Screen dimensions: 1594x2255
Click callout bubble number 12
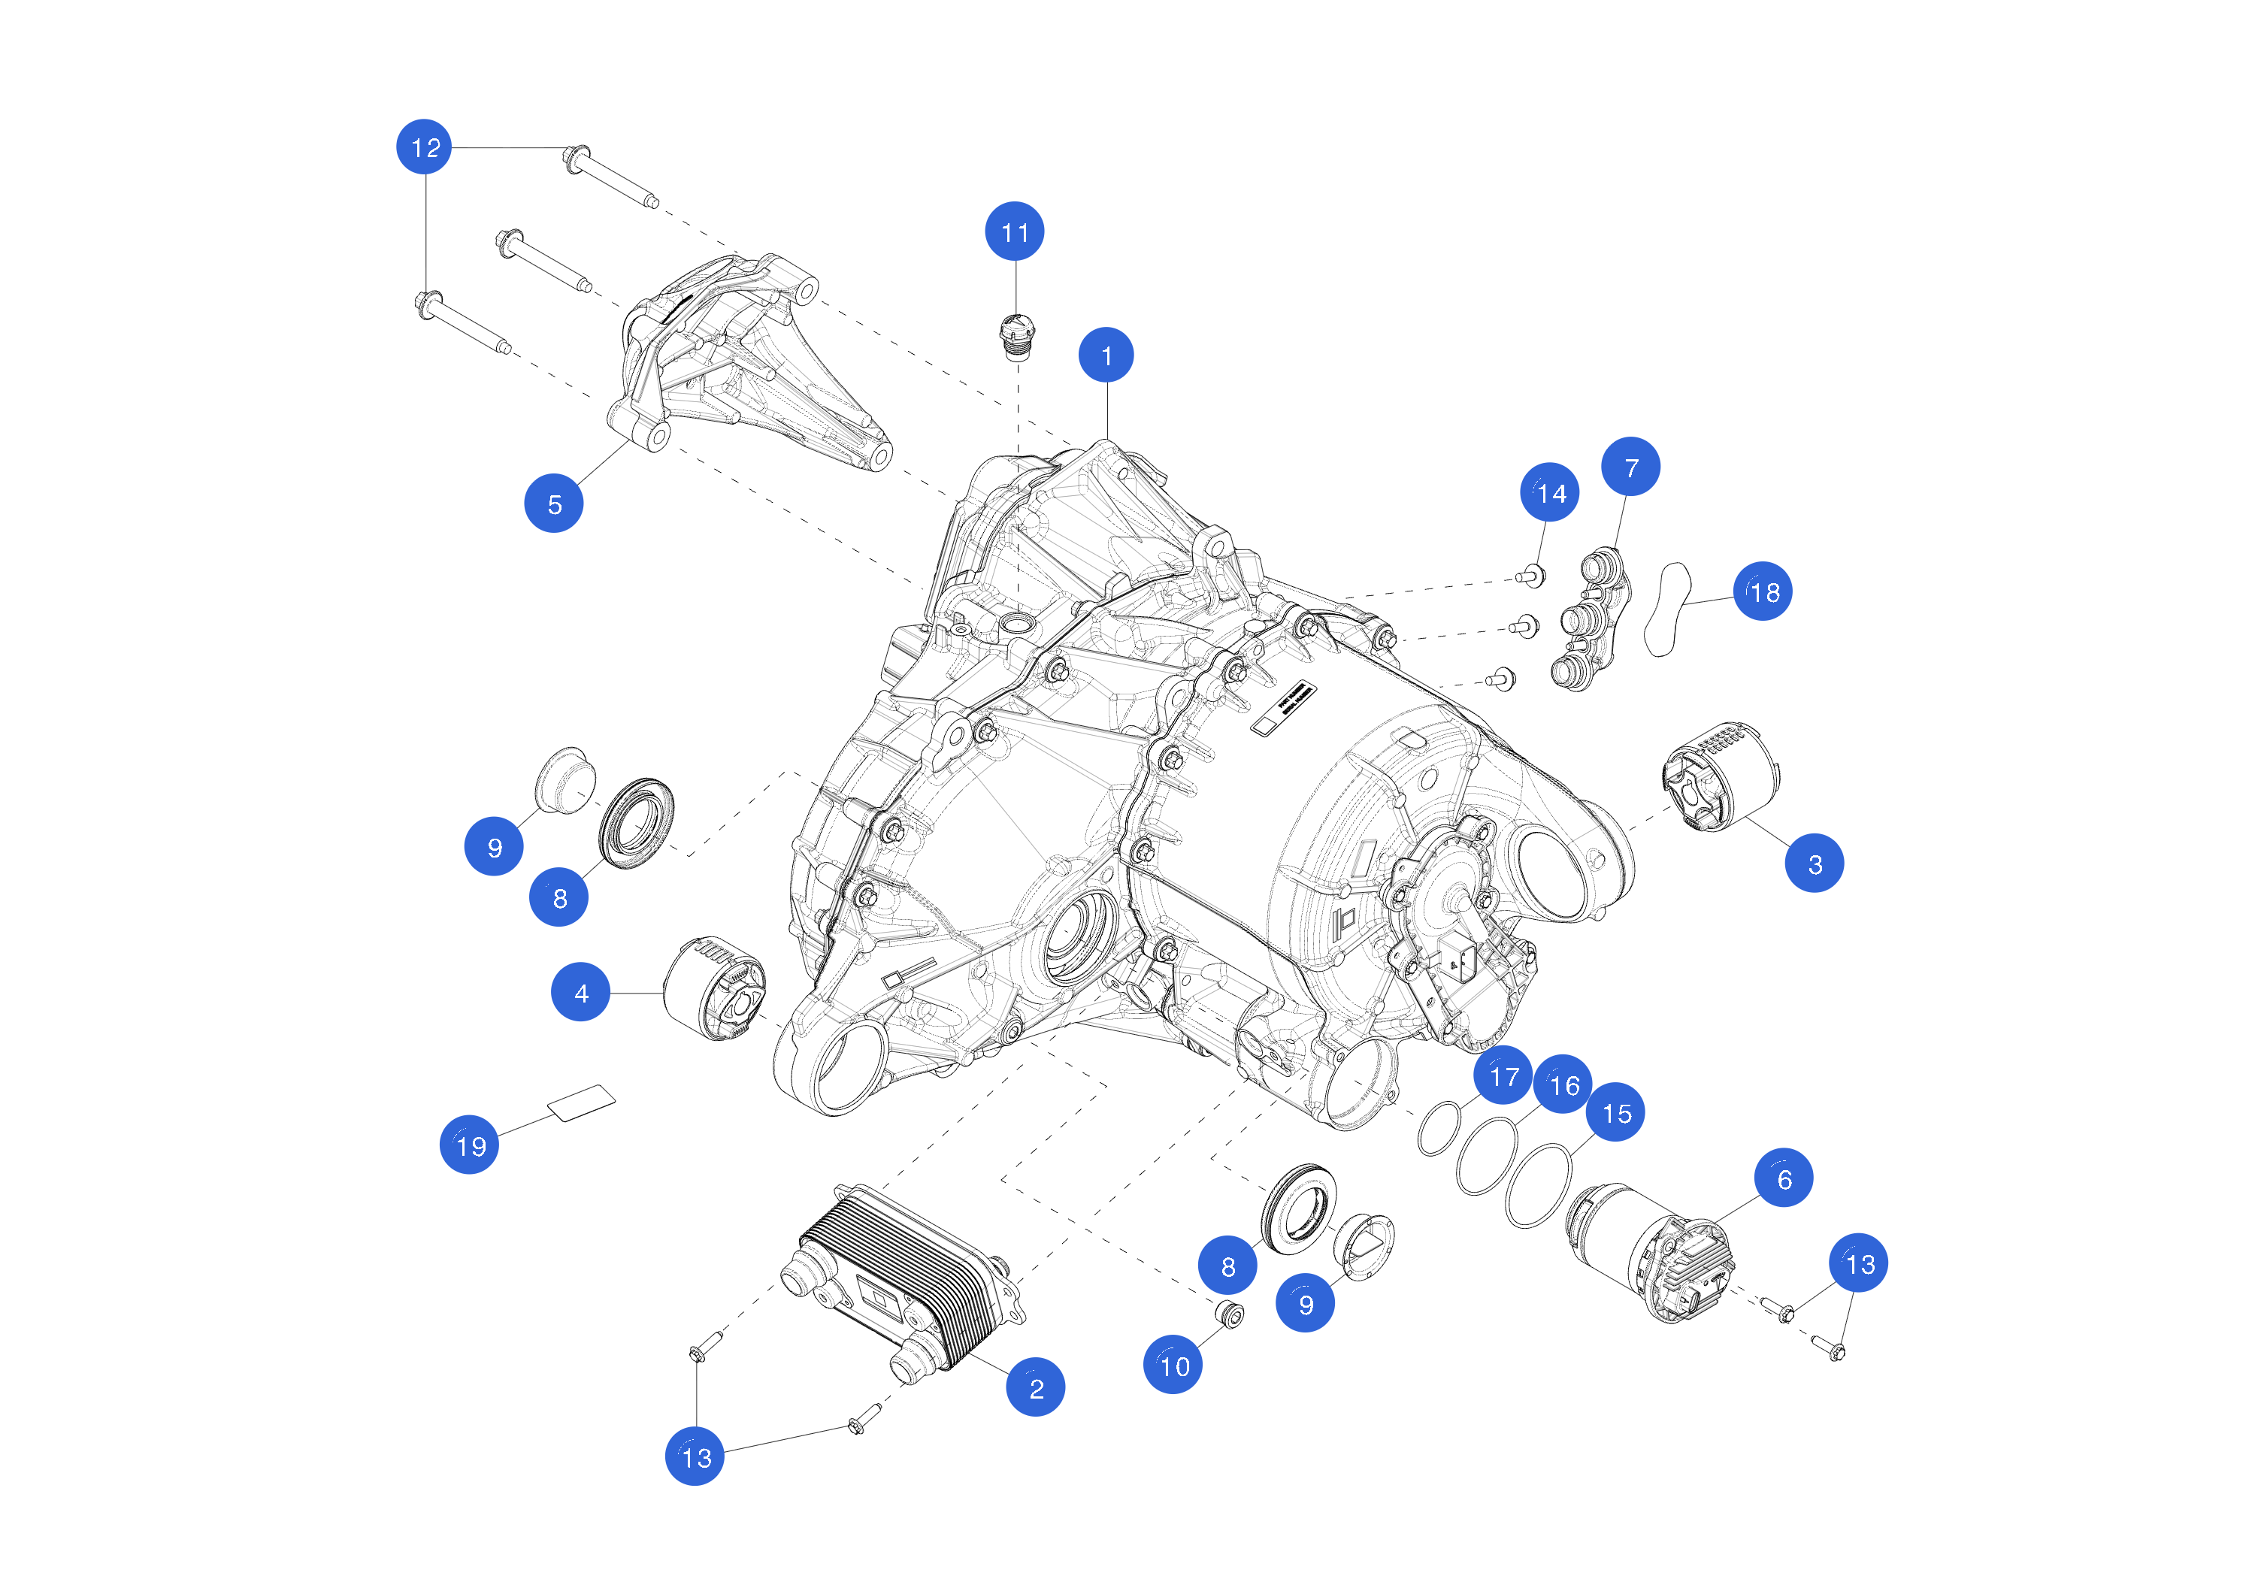coord(424,147)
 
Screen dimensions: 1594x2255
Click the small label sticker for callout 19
coord(582,1102)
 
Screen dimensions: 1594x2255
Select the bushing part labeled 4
coord(714,988)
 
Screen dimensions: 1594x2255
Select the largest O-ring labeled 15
coord(1538,1185)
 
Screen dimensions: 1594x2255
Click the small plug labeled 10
coord(1230,1313)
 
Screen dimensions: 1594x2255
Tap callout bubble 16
coord(1563,1084)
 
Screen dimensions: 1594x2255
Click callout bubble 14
coord(1550,492)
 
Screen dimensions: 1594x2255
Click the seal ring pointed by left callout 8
coord(637,823)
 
